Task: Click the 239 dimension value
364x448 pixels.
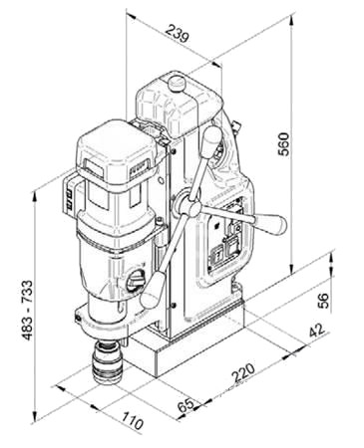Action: pos(178,33)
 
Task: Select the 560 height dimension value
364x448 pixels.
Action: pos(284,144)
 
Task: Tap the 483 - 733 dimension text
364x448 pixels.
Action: pos(28,310)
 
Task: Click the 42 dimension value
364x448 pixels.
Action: pos(316,330)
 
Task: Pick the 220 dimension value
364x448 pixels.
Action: pos(243,372)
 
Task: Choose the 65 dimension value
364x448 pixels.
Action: pos(185,405)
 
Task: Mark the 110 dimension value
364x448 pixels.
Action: pos(133,420)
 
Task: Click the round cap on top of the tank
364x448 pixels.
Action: pos(177,83)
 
